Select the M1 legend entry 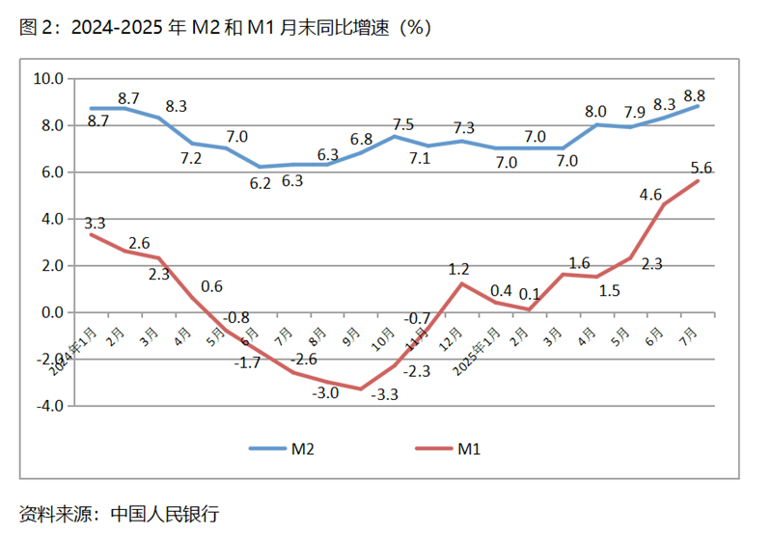469,448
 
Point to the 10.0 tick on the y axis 47,79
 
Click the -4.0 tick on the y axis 49,406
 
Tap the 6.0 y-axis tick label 51,173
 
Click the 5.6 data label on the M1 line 702,168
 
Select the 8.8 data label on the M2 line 693,94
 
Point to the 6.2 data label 260,183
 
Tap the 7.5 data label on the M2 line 403,124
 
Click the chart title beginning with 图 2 226,27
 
